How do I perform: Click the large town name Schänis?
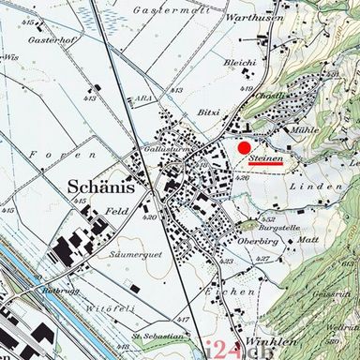pos(102,187)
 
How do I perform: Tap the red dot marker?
pos(244,147)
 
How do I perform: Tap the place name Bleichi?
pos(241,63)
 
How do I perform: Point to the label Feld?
pos(115,213)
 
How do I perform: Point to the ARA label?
pos(142,97)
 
